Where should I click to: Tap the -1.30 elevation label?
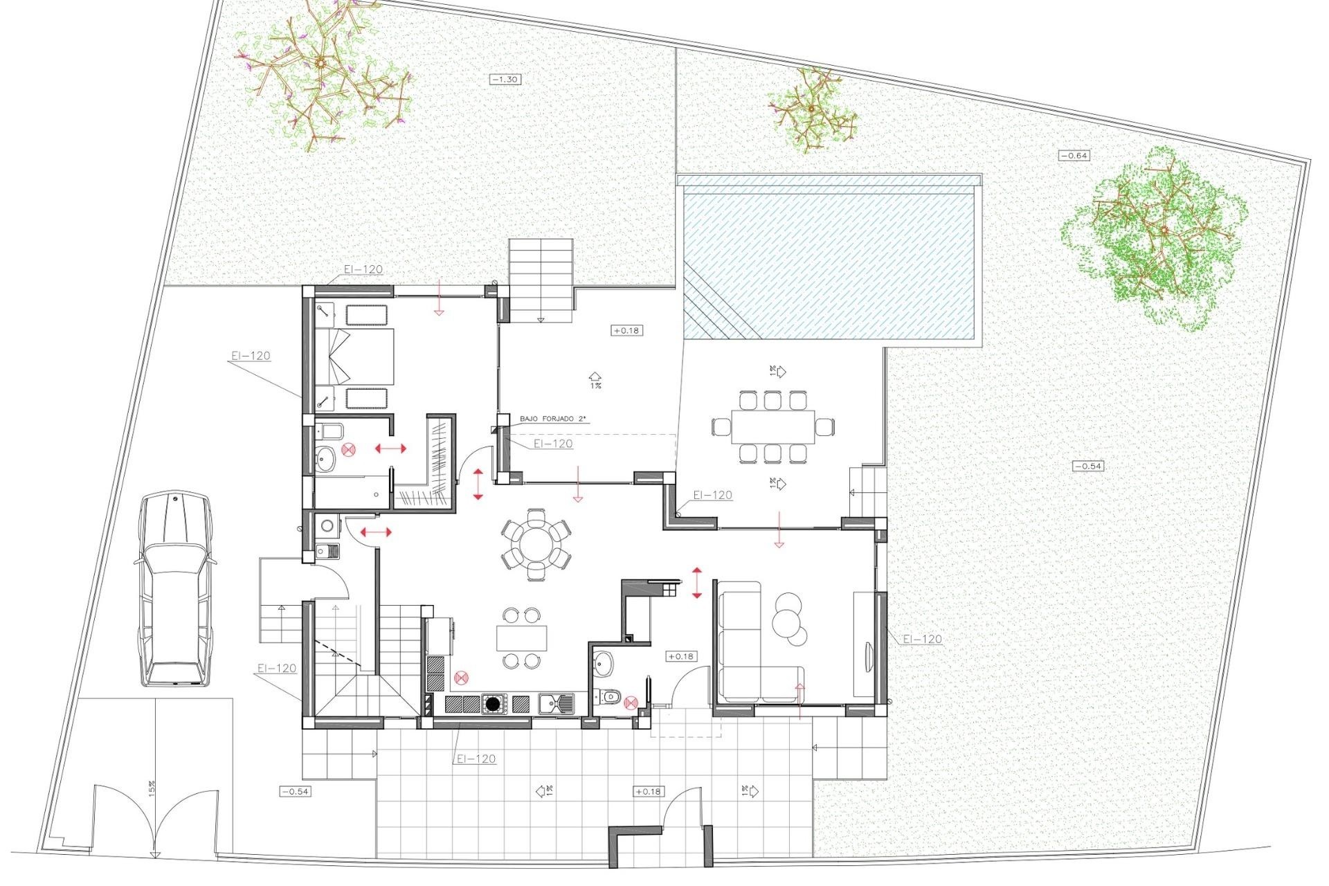pyautogui.click(x=505, y=80)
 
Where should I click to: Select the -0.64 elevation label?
pyautogui.click(x=1074, y=156)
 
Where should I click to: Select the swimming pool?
pyautogui.click(x=831, y=263)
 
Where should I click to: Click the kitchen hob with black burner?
pyautogui.click(x=494, y=705)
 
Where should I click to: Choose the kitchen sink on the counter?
pyautogui.click(x=556, y=704)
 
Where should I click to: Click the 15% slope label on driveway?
pyautogui.click(x=152, y=788)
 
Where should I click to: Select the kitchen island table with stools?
pyautogui.click(x=521, y=637)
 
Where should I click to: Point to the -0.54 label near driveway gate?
pyautogui.click(x=295, y=791)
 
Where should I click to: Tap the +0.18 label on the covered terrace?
pyautogui.click(x=626, y=331)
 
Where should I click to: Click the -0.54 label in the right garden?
pyautogui.click(x=1087, y=466)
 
